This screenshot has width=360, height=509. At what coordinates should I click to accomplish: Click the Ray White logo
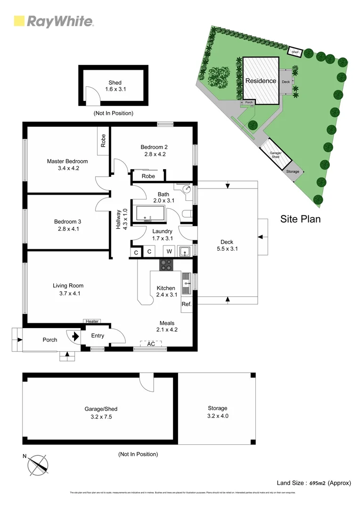pyautogui.click(x=53, y=21)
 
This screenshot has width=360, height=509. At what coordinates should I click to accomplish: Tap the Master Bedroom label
pyautogui.click(x=67, y=161)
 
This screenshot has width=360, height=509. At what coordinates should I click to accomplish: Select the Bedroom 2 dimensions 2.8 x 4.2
pyautogui.click(x=155, y=154)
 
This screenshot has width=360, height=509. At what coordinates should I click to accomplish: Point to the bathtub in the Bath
pyautogui.click(x=150, y=213)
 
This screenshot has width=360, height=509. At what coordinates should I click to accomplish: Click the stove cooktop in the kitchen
pyautogui.click(x=166, y=265)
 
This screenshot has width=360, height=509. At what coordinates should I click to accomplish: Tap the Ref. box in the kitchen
pyautogui.click(x=187, y=304)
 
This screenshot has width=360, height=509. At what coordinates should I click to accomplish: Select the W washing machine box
pyautogui.click(x=169, y=252)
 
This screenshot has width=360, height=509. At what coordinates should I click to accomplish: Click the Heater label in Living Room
pyautogui.click(x=92, y=321)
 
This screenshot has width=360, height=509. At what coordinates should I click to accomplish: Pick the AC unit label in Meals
pyautogui.click(x=151, y=344)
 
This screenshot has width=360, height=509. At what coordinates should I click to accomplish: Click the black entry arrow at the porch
pyautogui.click(x=74, y=336)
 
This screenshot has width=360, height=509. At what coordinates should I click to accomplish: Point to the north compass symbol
pyautogui.click(x=38, y=465)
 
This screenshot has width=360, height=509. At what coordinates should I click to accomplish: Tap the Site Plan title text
pyautogui.click(x=300, y=219)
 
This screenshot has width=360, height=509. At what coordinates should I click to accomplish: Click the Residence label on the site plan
pyautogui.click(x=261, y=81)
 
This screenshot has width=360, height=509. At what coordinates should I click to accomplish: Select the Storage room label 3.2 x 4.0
pyautogui.click(x=217, y=411)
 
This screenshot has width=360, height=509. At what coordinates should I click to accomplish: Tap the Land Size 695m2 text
pyautogui.click(x=314, y=483)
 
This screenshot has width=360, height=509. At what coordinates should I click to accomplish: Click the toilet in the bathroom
pyautogui.click(x=187, y=215)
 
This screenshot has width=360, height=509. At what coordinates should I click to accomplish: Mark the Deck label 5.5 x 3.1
pyautogui.click(x=228, y=245)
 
